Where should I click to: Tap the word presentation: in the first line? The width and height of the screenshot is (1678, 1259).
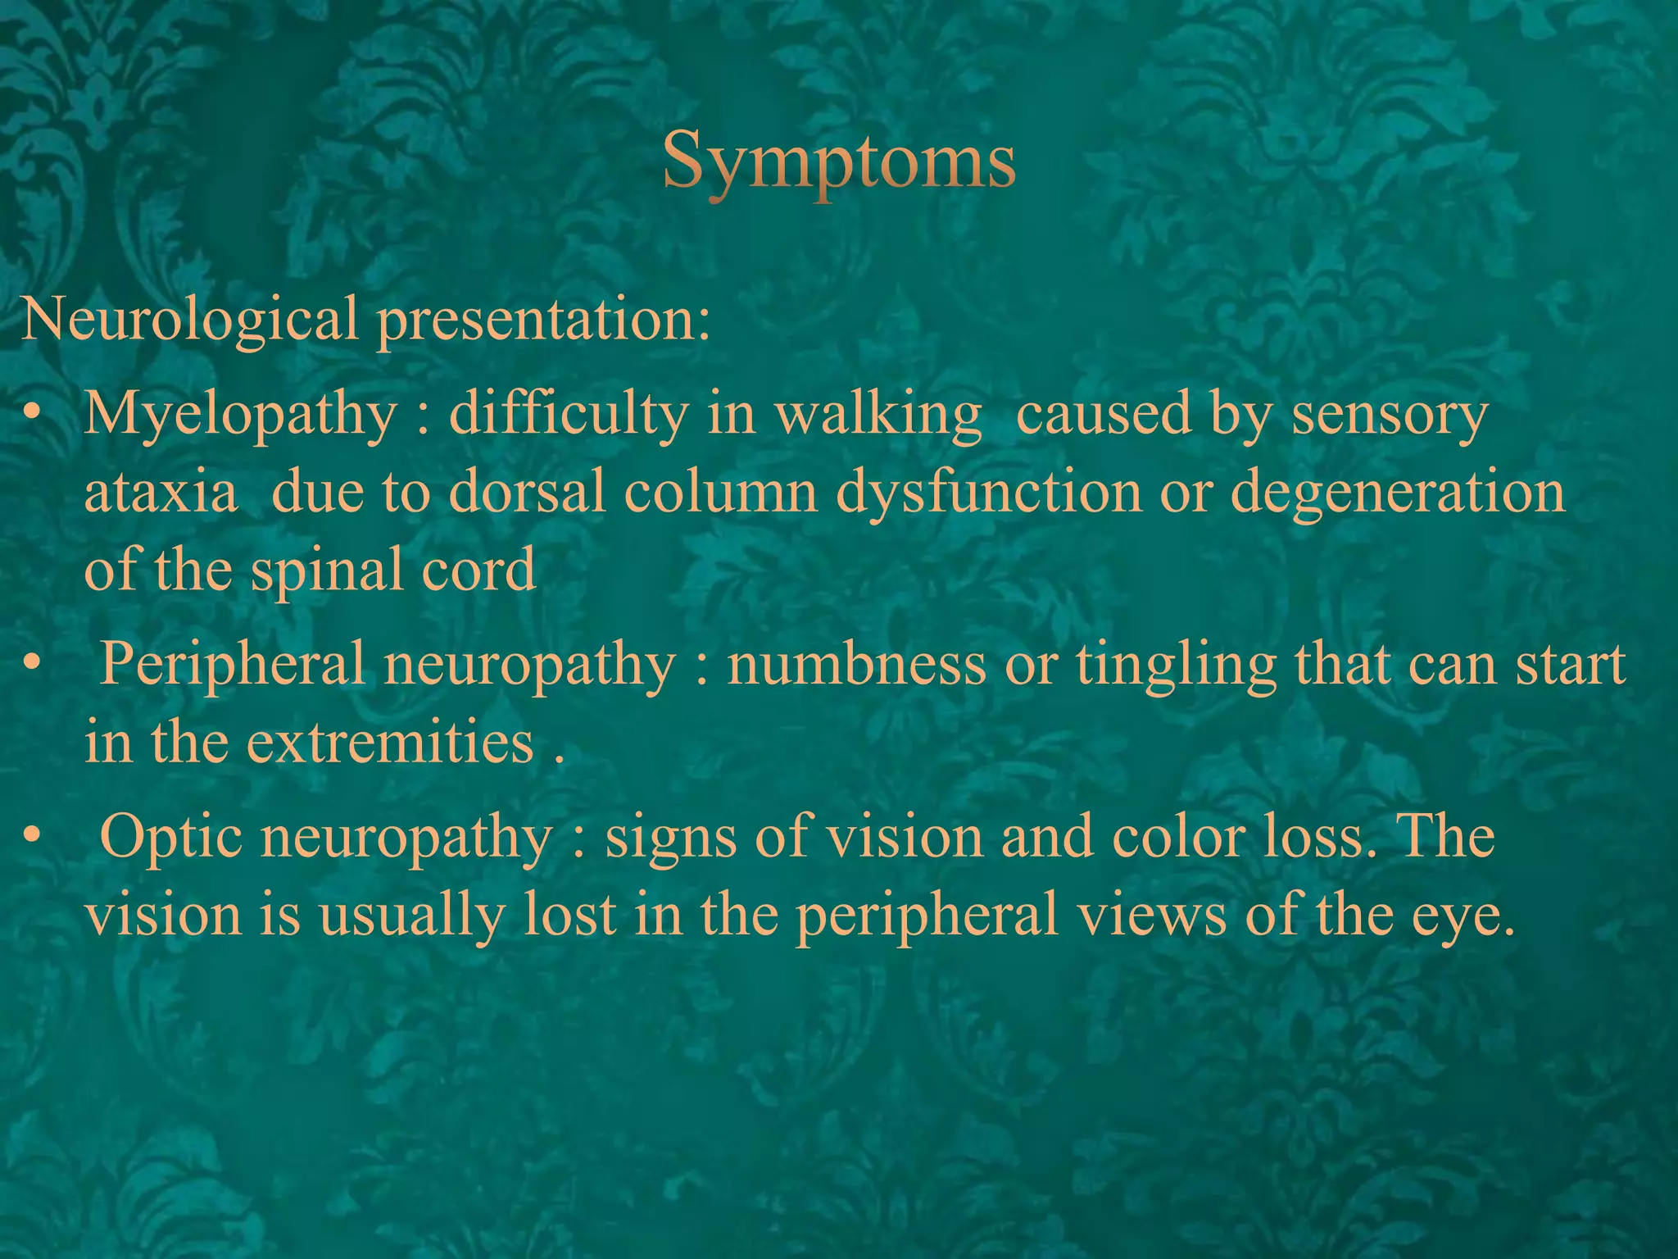pos(543,320)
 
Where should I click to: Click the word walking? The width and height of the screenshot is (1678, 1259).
pos(878,414)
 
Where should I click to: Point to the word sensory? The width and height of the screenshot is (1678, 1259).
pos(1390,416)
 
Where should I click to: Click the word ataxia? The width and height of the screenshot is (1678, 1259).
pos(161,493)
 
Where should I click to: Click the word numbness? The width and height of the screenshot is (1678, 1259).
pos(857,664)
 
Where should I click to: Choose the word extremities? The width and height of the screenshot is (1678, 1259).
pos(390,743)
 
